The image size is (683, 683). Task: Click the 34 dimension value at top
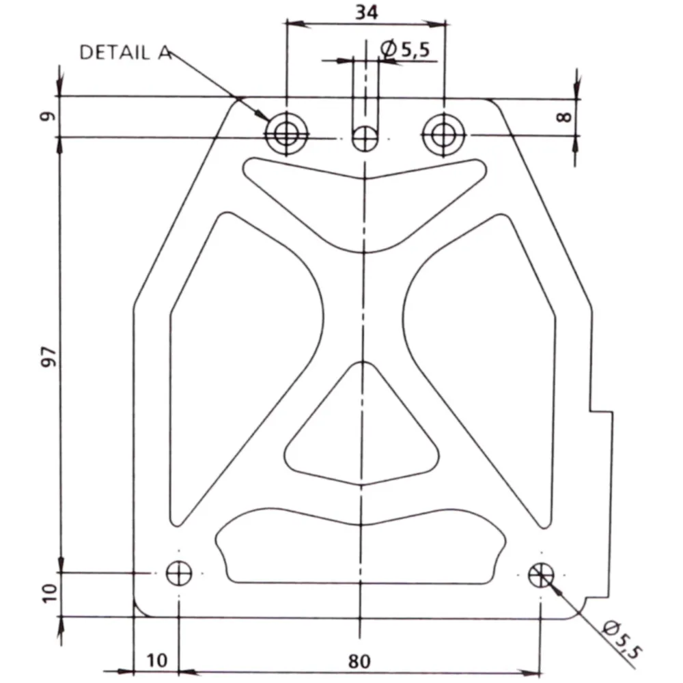(x=367, y=12)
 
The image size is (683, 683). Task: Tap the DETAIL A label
(x=125, y=53)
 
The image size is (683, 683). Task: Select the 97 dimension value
(x=49, y=357)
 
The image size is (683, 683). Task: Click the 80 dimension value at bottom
(x=359, y=661)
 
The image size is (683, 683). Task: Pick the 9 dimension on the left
(x=48, y=116)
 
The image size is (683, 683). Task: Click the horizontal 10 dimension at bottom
(x=157, y=660)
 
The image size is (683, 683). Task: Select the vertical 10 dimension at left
(x=50, y=593)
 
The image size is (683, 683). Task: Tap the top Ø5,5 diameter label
(x=405, y=48)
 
